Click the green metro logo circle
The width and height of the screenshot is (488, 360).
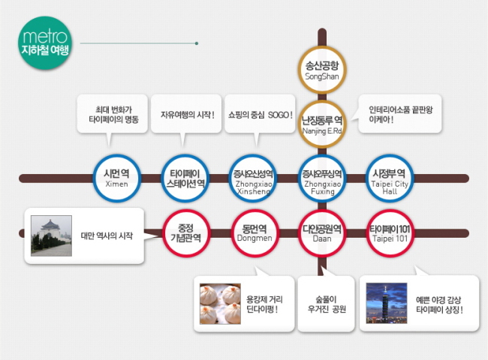pyautogui.click(x=45, y=43)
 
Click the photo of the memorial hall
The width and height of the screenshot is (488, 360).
pyautogui.click(x=51, y=235)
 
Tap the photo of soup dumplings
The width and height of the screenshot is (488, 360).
pyautogui.click(x=220, y=304)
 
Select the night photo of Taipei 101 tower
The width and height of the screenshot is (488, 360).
pyautogui.click(x=387, y=303)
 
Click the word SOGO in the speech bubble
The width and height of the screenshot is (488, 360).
pyautogui.click(x=279, y=115)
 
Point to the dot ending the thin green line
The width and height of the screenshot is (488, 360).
pyautogui.click(x=197, y=43)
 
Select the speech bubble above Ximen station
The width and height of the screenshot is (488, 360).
pyautogui.click(x=112, y=114)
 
